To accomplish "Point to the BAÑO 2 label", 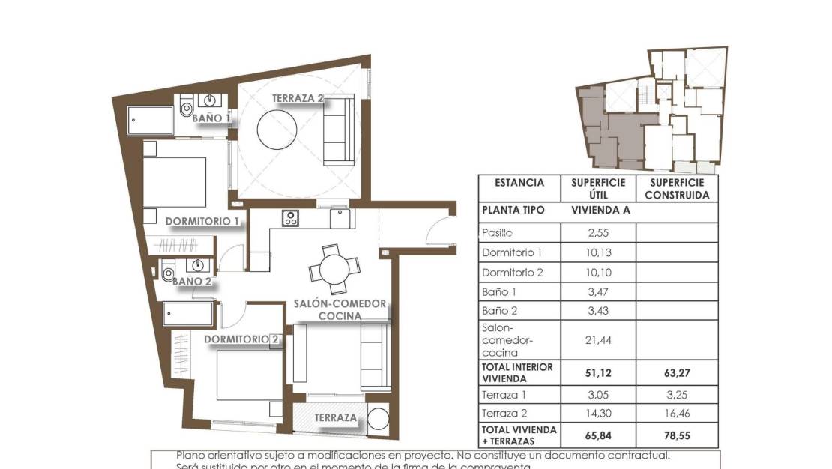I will [x=191, y=282].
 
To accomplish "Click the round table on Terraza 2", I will [x=280, y=130].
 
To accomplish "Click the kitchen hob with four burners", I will [x=291, y=218].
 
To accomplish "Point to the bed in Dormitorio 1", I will [x=175, y=181].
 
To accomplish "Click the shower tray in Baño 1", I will [x=151, y=121].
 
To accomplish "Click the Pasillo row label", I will [x=498, y=233].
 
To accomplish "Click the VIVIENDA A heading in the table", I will [x=600, y=211].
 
